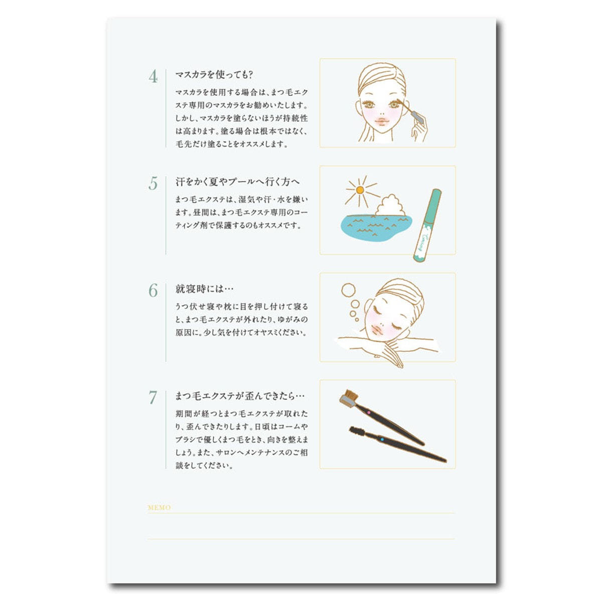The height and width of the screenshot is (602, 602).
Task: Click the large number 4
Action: tap(153, 77)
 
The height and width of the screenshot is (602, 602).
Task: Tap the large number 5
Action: tap(153, 184)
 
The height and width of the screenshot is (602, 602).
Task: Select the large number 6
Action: tap(153, 290)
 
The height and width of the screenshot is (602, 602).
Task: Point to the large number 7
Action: tap(153, 398)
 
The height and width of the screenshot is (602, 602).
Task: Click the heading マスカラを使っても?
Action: tap(214, 75)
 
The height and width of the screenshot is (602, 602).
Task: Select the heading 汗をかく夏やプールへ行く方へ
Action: tap(237, 182)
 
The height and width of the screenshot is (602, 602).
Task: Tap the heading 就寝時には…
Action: tap(204, 289)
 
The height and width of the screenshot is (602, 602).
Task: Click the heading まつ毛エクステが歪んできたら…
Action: tap(240, 396)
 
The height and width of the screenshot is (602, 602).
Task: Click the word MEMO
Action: tap(160, 508)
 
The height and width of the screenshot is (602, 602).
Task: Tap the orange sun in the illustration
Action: tap(360, 190)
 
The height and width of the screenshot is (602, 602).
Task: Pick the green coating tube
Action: tap(427, 225)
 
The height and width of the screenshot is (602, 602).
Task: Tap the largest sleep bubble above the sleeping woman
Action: tap(348, 290)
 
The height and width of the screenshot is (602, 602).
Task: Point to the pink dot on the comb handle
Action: tap(368, 413)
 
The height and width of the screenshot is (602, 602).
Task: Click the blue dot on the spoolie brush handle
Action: tap(382, 439)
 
